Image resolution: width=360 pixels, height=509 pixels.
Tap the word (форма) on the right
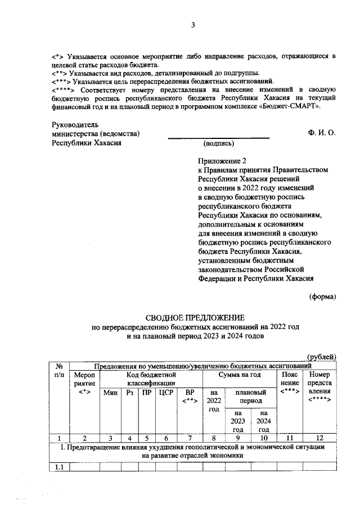tap(322, 296)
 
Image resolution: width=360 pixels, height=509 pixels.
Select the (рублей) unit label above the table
tap(321, 356)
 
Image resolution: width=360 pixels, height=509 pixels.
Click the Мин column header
tap(111, 393)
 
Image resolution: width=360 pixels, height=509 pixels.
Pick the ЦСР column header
tap(166, 393)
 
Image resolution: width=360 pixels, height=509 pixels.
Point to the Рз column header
tap(130, 393)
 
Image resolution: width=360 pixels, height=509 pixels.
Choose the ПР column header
tap(147, 393)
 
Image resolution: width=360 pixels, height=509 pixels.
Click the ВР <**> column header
tap(190, 397)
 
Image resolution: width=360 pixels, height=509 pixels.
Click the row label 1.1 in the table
tap(58, 466)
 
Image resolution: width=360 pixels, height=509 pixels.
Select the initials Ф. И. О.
tap(322, 133)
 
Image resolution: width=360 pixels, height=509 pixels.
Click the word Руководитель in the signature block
tap(75, 124)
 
